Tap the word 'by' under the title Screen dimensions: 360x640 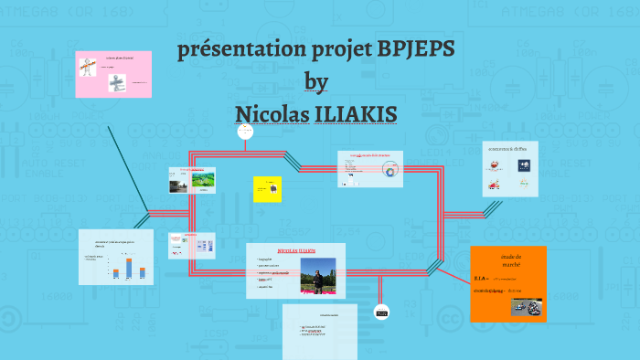(x=315, y=81)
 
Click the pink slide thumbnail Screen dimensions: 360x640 (x=112, y=73)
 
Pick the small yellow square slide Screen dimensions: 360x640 (x=266, y=188)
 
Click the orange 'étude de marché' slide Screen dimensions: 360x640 (x=507, y=283)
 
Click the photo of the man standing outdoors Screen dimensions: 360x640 (x=317, y=275)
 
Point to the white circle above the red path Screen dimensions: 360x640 (x=244, y=132)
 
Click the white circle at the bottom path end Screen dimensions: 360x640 (x=381, y=312)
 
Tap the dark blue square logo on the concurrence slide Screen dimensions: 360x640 (x=523, y=165)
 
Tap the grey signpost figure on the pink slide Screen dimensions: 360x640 (x=116, y=83)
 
